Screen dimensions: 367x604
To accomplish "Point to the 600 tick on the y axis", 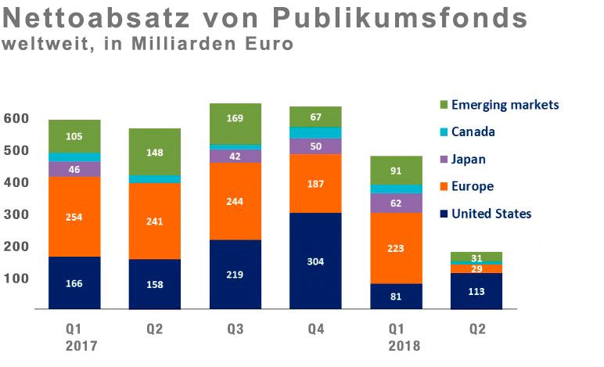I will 16,118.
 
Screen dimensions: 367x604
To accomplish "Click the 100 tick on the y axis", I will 16,279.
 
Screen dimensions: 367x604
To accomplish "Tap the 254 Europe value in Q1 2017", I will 74,217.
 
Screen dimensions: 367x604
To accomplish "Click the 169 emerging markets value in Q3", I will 235,119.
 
